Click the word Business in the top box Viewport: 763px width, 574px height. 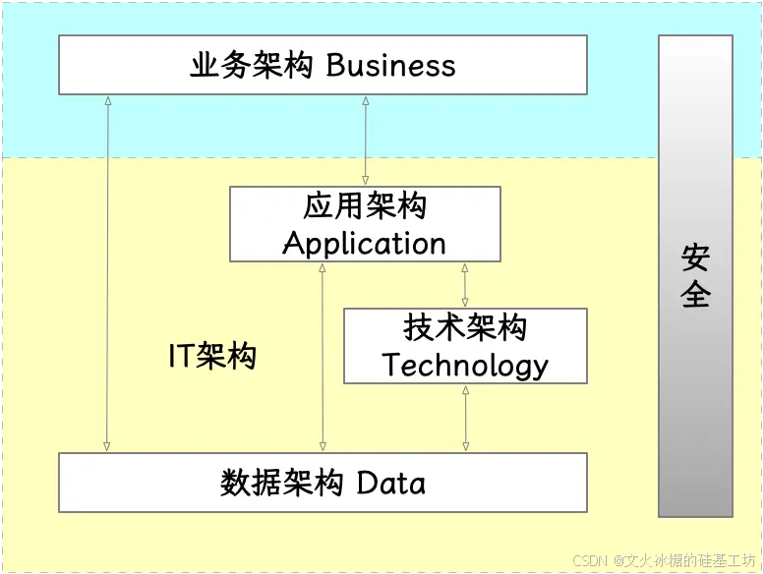[391, 66]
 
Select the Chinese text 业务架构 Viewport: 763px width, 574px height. [252, 66]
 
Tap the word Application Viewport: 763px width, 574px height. [365, 243]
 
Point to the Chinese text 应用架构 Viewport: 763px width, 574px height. [365, 207]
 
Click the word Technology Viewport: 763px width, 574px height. [465, 365]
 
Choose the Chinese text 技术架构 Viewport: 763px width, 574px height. [465, 328]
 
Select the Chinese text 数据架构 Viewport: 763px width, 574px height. [281, 483]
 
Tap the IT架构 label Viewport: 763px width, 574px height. [212, 355]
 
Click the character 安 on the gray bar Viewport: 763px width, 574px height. [695, 258]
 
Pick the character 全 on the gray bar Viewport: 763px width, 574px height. [695, 294]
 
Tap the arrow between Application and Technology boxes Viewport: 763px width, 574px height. [465, 285]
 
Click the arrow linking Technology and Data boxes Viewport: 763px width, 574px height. [465, 418]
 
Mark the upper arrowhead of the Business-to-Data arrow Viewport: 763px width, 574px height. [107, 101]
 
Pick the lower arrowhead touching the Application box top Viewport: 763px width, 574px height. [366, 181]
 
